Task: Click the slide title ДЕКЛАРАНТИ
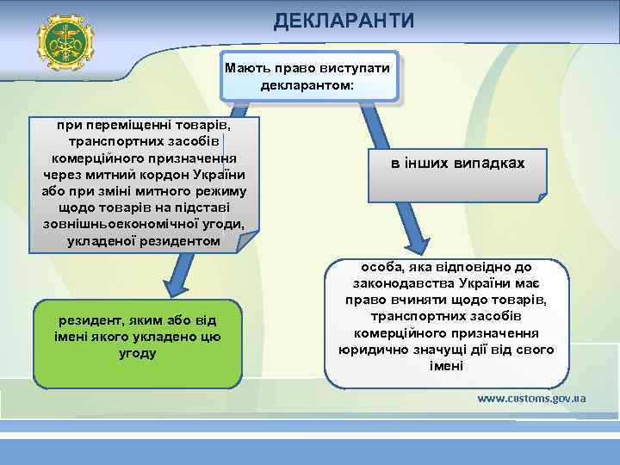point(344,19)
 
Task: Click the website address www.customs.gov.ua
point(531,399)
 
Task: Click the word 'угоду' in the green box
point(137,353)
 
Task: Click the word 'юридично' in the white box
point(369,350)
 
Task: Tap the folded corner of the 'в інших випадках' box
point(542,196)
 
